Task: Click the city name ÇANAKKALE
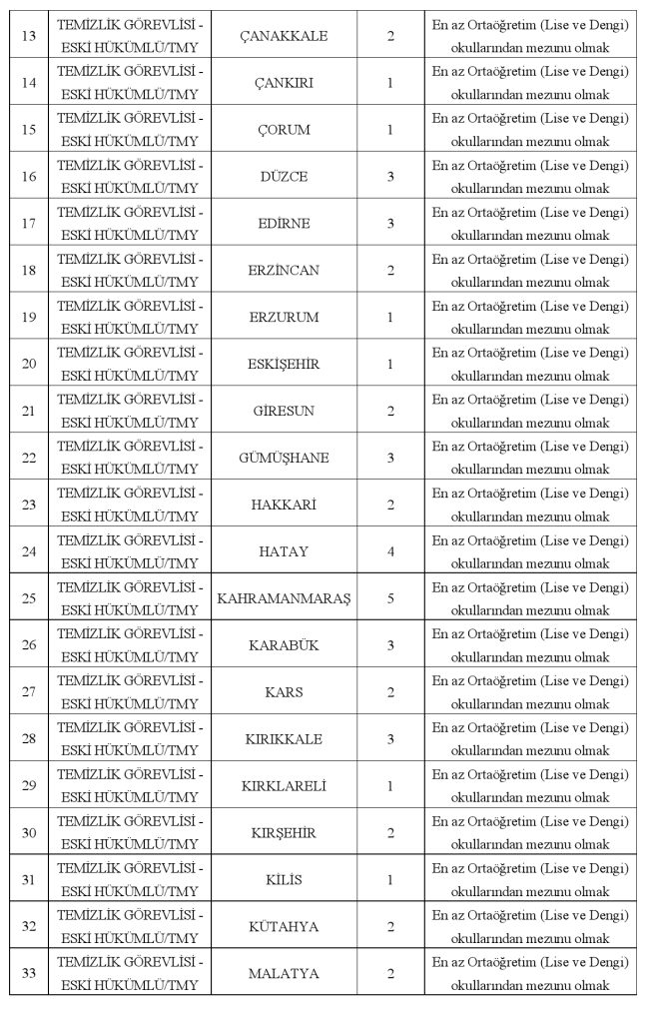tap(284, 36)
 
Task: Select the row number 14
tap(29, 83)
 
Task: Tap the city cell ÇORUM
tap(284, 130)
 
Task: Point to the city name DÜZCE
tap(284, 177)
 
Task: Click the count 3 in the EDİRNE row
tap(390, 224)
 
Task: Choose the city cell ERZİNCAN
tap(284, 271)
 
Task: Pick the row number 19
tap(29, 318)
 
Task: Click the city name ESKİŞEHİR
tap(284, 365)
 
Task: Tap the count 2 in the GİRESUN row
tap(390, 412)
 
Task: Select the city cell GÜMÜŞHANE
tap(284, 459)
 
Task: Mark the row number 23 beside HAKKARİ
tap(29, 506)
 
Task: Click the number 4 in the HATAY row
tap(390, 551)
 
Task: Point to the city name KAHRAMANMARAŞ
tap(284, 598)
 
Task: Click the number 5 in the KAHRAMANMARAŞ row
tap(390, 598)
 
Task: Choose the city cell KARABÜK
tap(284, 645)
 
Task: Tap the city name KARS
tap(284, 692)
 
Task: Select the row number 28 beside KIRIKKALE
tap(29, 739)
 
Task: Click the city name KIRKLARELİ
tap(284, 786)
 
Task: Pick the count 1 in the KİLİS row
tap(390, 880)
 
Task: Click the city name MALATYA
tap(284, 974)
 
